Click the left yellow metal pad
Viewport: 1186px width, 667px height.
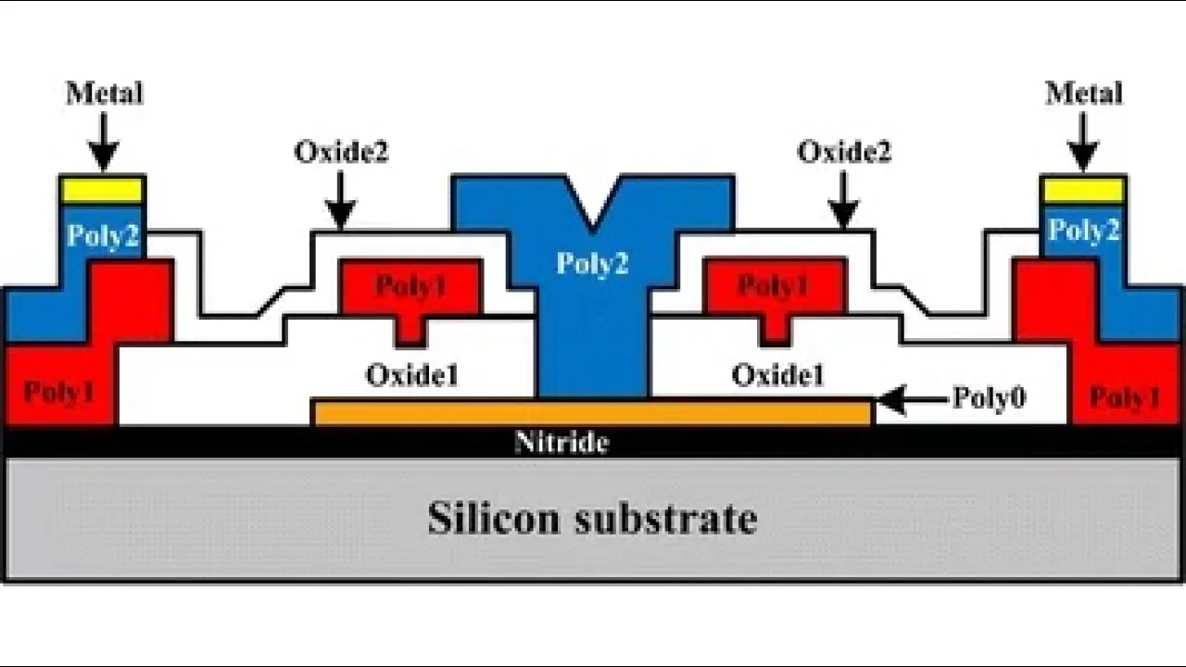pyautogui.click(x=102, y=190)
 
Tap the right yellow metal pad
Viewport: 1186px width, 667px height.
pyautogui.click(x=1083, y=190)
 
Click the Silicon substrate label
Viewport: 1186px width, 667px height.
pyautogui.click(x=592, y=518)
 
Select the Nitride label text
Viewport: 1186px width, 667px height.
pyautogui.click(x=561, y=442)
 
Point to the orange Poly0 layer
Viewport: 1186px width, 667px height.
pyautogui.click(x=593, y=413)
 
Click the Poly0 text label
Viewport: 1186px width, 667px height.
pyautogui.click(x=989, y=398)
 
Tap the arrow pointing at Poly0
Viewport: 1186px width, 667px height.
pyautogui.click(x=913, y=399)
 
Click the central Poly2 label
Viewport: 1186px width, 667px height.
pyautogui.click(x=592, y=264)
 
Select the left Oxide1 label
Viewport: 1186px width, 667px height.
pyautogui.click(x=412, y=375)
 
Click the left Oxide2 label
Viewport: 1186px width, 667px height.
pyautogui.click(x=341, y=151)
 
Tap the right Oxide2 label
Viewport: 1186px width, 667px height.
pyautogui.click(x=843, y=151)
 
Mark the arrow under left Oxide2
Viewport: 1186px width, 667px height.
pyautogui.click(x=341, y=199)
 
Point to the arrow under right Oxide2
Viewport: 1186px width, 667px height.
pyautogui.click(x=843, y=199)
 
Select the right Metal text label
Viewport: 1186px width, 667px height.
pyautogui.click(x=1083, y=94)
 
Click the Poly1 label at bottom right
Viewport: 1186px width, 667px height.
pyautogui.click(x=1124, y=397)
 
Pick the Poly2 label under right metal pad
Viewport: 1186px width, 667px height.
pyautogui.click(x=1083, y=231)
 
